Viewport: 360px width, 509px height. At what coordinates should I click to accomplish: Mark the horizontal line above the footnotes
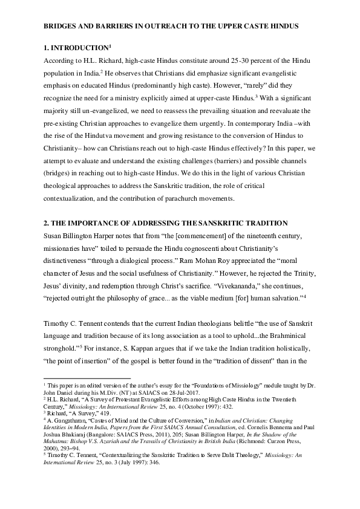pos(88,377)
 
